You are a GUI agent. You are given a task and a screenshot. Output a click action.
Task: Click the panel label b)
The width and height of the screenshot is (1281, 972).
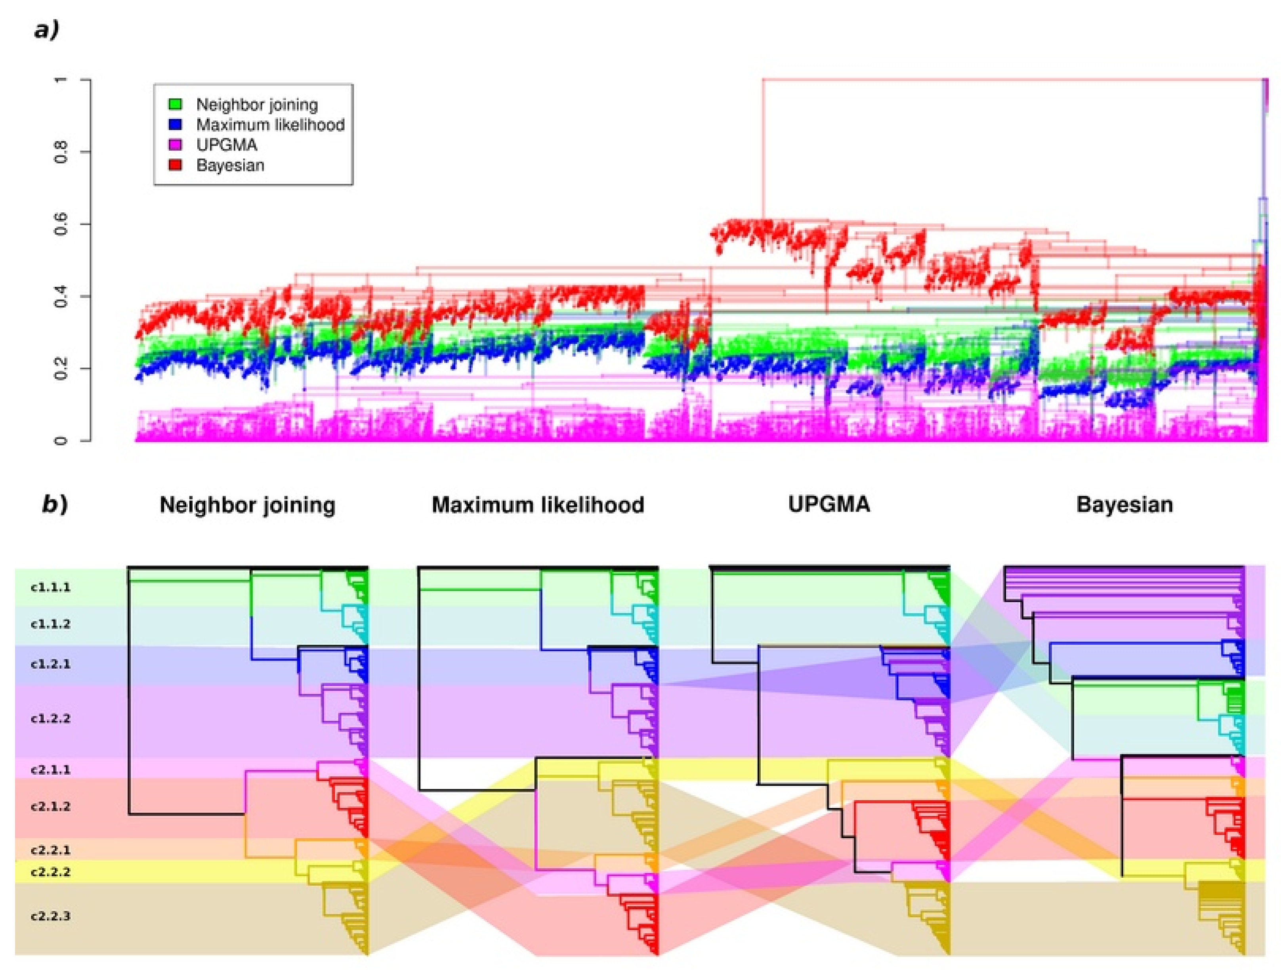click(x=55, y=504)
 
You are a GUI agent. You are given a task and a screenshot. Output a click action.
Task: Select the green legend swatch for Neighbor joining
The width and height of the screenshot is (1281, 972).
click(x=175, y=104)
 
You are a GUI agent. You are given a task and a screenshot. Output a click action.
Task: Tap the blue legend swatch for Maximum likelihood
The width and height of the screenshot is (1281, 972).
click(x=175, y=124)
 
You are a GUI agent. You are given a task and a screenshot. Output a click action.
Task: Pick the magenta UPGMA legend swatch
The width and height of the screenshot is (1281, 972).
click(x=175, y=145)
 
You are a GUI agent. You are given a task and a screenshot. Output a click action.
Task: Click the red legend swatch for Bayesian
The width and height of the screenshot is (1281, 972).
click(x=175, y=165)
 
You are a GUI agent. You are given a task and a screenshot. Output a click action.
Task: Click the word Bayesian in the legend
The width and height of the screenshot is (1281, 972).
click(x=230, y=165)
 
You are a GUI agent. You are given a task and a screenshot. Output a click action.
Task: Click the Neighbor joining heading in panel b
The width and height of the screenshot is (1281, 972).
click(x=247, y=504)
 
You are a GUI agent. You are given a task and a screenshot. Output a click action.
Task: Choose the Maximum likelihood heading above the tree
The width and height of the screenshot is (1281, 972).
click(x=537, y=504)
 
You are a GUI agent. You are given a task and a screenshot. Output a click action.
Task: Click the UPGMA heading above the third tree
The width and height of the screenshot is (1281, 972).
click(x=829, y=504)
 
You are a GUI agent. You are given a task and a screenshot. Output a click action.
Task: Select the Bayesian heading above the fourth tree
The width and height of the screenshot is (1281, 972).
click(x=1124, y=504)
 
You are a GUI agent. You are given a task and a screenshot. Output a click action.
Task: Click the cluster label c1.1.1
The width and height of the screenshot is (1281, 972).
click(x=50, y=587)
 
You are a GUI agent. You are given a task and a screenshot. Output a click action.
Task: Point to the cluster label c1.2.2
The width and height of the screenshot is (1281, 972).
click(x=50, y=719)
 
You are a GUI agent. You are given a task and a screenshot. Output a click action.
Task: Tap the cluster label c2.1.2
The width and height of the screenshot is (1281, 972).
click(x=50, y=806)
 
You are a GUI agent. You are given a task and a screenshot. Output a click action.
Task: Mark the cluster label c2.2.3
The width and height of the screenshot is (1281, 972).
click(x=50, y=917)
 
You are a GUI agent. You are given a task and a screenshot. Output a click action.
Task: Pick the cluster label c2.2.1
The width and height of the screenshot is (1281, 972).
click(x=50, y=850)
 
